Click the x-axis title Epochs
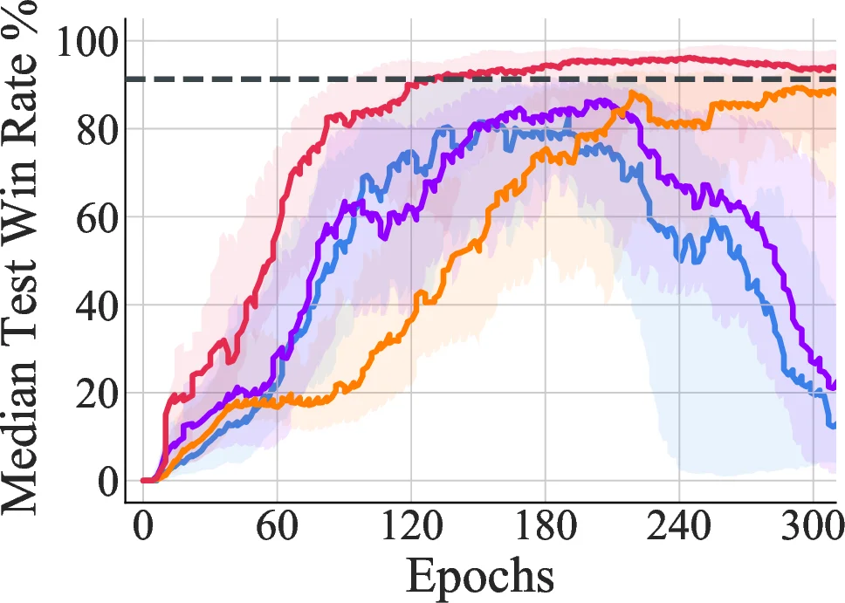coord(479,576)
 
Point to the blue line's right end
coord(835,425)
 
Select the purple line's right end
coord(835,384)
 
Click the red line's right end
coord(835,68)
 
